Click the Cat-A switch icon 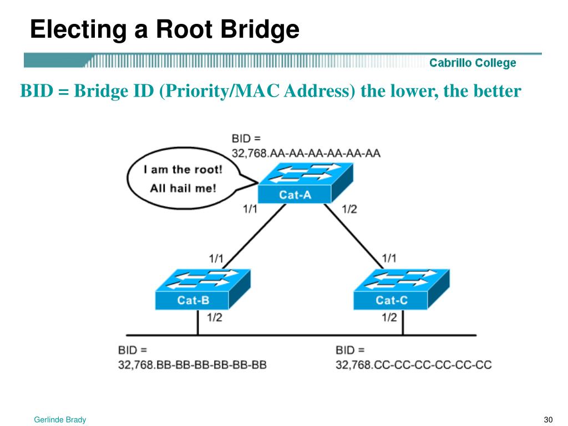(306, 183)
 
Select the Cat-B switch (203, 289)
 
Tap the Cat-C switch (402, 289)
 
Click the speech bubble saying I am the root (184, 178)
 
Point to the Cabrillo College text (473, 63)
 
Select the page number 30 (548, 419)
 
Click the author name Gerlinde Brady (60, 419)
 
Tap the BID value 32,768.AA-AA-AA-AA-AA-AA (306, 153)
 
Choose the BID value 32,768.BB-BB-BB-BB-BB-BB (192, 364)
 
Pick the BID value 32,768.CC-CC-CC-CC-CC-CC (414, 364)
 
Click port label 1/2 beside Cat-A (349, 209)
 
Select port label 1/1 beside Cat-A (250, 209)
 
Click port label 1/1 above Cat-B (216, 258)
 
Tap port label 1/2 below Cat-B (215, 318)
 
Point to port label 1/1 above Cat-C (389, 258)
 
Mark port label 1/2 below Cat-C (389, 318)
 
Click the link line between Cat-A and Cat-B (254, 236)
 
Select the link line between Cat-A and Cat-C (353, 236)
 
